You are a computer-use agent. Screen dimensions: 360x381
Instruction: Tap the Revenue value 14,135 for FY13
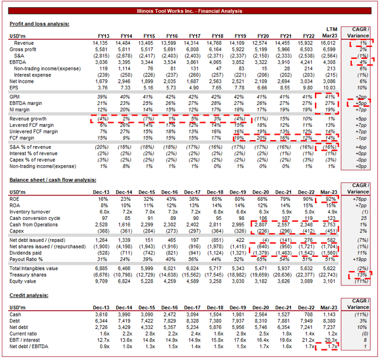point(100,44)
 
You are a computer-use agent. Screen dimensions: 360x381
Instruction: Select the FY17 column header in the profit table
point(193,36)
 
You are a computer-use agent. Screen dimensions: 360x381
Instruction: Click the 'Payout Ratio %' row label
point(29,259)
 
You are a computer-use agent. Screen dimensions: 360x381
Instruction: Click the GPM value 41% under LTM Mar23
point(331,96)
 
